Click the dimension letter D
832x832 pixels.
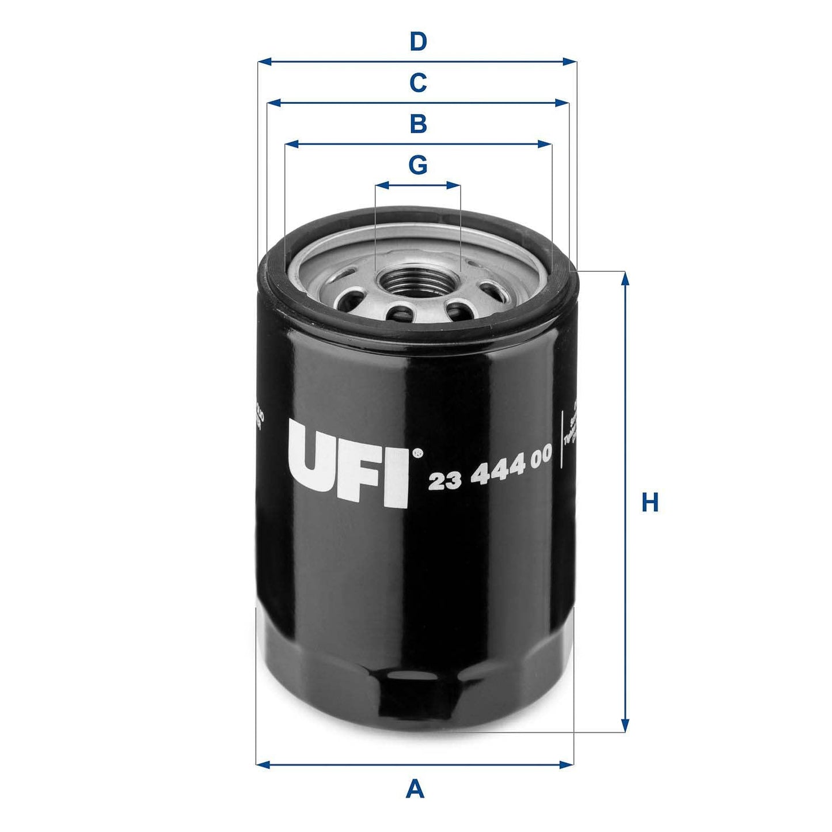tap(418, 42)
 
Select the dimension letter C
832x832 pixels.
tap(418, 83)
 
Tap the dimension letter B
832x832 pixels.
tap(418, 124)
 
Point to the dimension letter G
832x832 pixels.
tap(418, 165)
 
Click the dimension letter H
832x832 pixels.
tap(650, 503)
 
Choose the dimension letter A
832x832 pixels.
tap(415, 788)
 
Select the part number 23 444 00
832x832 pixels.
tap(490, 466)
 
